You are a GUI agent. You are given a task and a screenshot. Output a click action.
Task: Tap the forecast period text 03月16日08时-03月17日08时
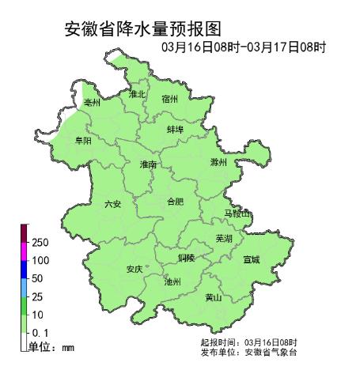(x=244, y=47)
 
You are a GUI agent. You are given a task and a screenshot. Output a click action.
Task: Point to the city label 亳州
(x=93, y=103)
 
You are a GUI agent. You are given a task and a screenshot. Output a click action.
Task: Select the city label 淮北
(x=138, y=94)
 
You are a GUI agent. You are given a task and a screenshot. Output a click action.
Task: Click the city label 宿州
(x=170, y=99)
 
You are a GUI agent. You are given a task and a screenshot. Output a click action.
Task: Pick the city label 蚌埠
(x=176, y=129)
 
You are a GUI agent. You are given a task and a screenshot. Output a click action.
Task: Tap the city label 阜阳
(x=82, y=140)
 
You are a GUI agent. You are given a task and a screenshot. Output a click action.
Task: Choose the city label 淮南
(x=148, y=165)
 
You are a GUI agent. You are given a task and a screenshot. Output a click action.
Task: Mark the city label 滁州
(x=218, y=162)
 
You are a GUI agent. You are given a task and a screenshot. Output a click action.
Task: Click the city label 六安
(x=112, y=204)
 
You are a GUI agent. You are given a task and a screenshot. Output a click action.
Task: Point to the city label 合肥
(x=175, y=202)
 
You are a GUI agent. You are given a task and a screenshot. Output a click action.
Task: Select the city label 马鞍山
(x=237, y=214)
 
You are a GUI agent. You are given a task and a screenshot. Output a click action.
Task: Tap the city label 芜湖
(x=224, y=238)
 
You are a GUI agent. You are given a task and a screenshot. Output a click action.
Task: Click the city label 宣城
(x=252, y=259)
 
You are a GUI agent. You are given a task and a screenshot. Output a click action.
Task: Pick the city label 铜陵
(x=186, y=258)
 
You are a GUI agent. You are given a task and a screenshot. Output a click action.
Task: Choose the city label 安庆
(x=135, y=270)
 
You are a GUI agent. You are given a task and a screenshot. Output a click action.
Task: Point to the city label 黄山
(x=213, y=297)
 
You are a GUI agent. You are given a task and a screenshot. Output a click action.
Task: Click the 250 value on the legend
(x=41, y=242)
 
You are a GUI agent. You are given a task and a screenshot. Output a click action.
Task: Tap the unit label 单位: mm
(x=51, y=347)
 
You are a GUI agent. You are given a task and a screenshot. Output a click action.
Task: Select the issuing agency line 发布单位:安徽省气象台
(x=248, y=352)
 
